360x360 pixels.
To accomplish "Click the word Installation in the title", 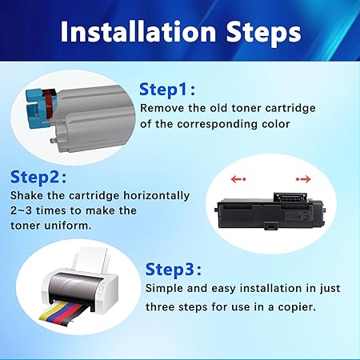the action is (x=138, y=31).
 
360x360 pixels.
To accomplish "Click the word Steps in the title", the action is (x=264, y=33).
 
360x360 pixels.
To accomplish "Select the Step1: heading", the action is (x=167, y=90).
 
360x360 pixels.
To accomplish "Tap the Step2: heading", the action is (x=38, y=177).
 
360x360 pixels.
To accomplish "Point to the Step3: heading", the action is (x=174, y=269).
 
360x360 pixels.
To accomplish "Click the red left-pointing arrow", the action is (x=238, y=179).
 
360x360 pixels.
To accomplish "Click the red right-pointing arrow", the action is (x=303, y=179).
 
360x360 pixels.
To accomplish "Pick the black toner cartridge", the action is (x=270, y=212).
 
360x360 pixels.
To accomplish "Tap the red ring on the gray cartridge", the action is (x=49, y=106).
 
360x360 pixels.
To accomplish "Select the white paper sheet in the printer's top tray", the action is (x=90, y=260).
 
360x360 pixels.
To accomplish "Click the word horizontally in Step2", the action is (x=156, y=195).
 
